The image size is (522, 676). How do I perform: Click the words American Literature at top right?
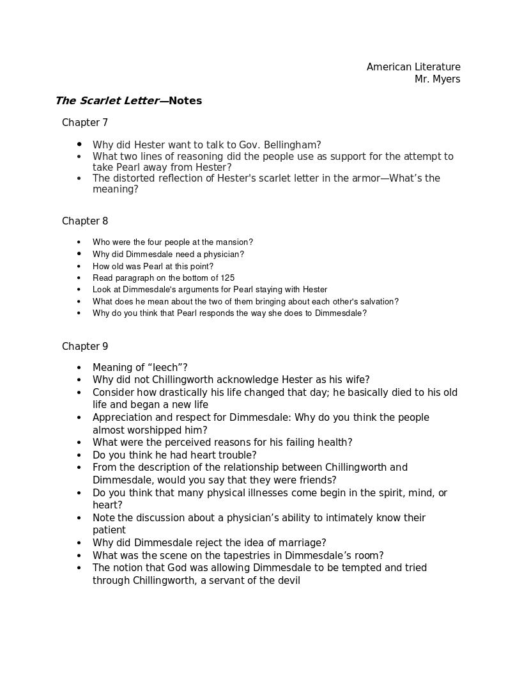pyautogui.click(x=413, y=67)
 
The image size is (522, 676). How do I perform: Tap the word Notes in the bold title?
pyautogui.click(x=185, y=101)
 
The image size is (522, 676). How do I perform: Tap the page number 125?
pyautogui.click(x=227, y=278)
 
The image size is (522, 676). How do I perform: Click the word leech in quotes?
pyautogui.click(x=165, y=368)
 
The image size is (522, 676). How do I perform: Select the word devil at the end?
pyautogui.click(x=288, y=581)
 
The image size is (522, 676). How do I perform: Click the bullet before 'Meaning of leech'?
pyautogui.click(x=79, y=368)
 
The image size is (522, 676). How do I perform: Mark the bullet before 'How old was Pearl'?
pyautogui.click(x=79, y=267)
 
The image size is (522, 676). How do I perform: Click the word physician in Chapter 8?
pyautogui.click(x=221, y=255)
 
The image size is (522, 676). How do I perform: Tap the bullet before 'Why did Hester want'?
pyautogui.click(x=79, y=145)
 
